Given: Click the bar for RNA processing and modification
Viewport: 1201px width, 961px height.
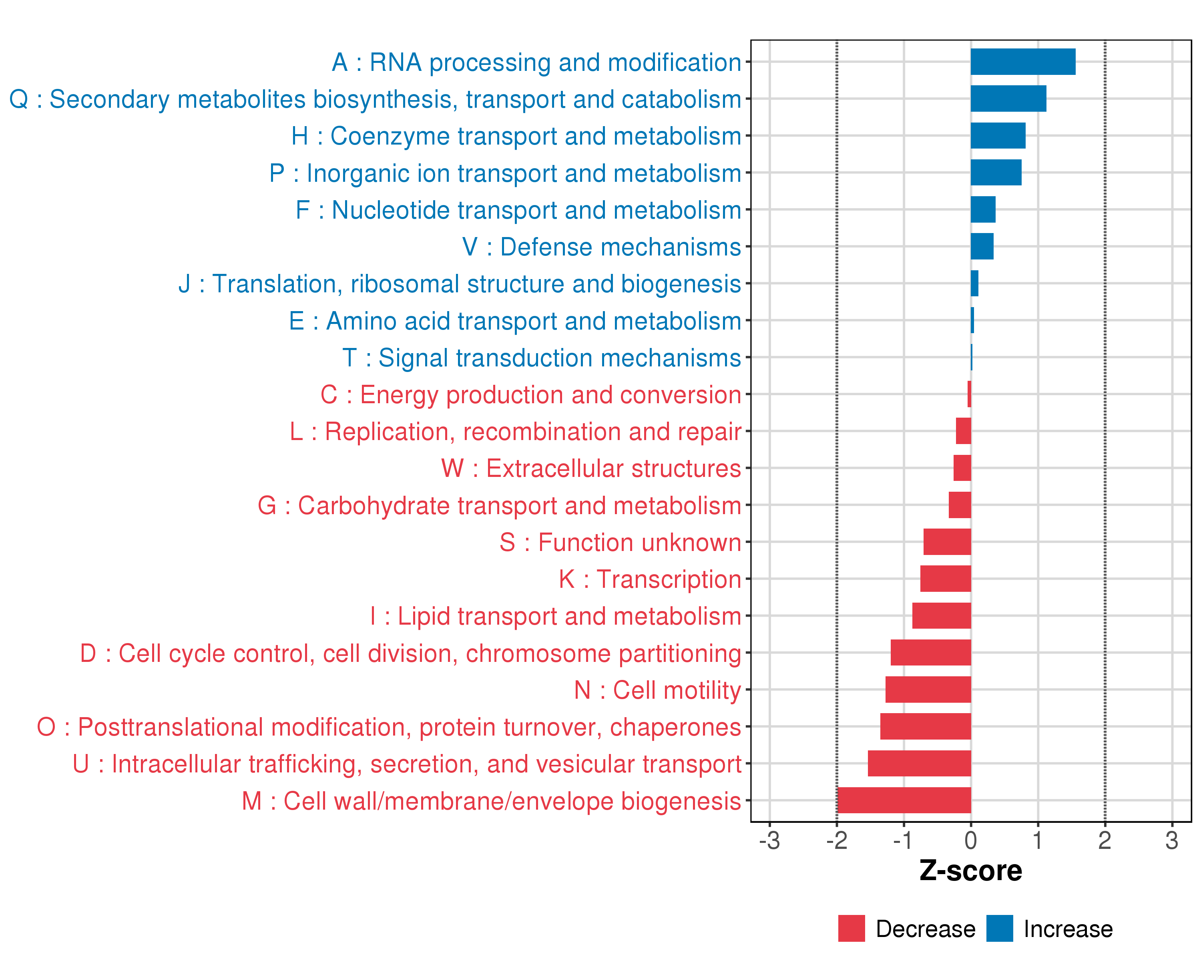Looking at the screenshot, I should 1023,62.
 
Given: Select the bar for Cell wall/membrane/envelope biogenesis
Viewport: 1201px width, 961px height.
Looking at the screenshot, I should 904,800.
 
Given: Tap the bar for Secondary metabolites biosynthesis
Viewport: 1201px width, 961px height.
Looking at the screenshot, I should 1008,99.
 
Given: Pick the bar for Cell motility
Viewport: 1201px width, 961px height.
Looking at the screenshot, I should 928,690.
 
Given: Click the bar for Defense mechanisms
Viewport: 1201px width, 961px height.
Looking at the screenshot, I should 982,246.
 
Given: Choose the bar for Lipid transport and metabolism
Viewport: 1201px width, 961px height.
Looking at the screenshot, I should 942,615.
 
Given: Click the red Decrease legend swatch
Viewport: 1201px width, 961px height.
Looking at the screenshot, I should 851,928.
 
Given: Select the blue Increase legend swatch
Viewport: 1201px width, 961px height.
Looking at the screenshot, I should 999,928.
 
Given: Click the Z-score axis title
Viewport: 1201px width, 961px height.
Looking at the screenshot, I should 970,871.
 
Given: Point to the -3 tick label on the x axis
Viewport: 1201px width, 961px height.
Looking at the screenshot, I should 769,840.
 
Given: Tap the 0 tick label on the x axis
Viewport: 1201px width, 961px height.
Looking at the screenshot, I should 970,840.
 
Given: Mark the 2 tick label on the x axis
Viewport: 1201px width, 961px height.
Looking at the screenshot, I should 1105,840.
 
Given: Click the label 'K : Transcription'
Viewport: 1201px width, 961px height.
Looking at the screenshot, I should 649,579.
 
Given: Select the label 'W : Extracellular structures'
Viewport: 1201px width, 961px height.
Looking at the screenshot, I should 591,468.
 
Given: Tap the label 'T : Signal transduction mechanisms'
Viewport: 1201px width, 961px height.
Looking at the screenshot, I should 542,358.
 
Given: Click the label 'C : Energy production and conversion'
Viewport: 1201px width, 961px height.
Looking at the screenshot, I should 530,394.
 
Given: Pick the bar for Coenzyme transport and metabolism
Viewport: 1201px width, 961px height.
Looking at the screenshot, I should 998,135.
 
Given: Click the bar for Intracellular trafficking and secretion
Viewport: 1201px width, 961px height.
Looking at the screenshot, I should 919,763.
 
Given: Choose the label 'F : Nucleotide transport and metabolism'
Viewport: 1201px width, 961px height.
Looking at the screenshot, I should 518,210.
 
